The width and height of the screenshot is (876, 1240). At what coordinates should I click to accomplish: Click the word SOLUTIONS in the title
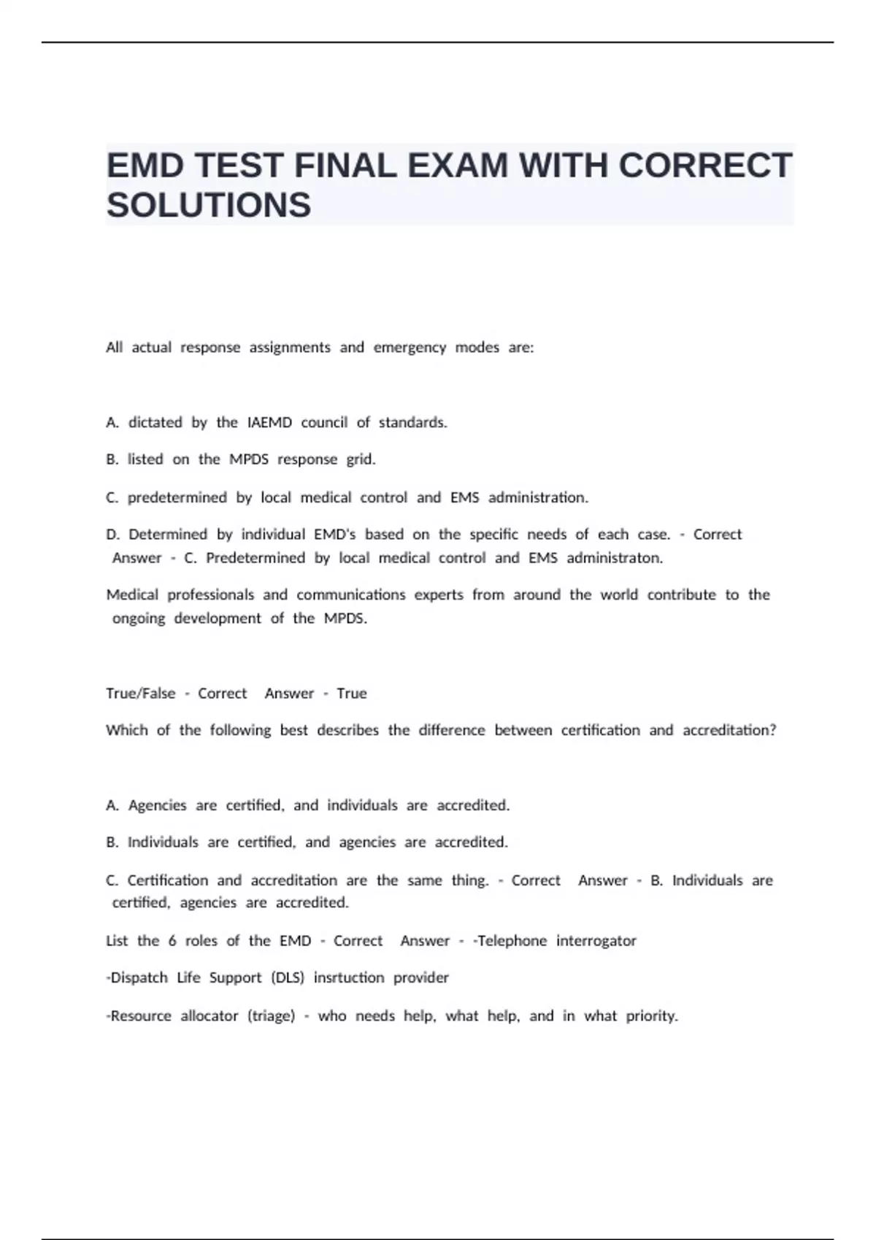coord(209,205)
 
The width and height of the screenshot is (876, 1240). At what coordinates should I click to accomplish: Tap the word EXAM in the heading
coord(457,166)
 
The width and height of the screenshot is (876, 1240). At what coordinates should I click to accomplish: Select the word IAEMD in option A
coord(269,422)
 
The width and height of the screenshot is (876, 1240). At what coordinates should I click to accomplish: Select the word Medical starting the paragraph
coord(132,594)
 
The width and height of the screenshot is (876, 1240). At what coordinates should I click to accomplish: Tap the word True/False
coord(141,693)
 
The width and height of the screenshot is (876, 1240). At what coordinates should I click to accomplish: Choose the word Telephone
coord(511,941)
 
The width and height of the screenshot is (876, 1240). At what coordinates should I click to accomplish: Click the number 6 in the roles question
coord(172,941)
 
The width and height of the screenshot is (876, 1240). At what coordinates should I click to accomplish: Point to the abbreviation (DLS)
coord(287,977)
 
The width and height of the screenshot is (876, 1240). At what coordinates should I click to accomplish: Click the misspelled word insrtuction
coord(349,977)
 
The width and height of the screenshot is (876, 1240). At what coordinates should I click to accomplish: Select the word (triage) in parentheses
coord(271,1016)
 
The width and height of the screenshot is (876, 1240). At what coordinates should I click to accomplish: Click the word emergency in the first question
coord(410,347)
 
